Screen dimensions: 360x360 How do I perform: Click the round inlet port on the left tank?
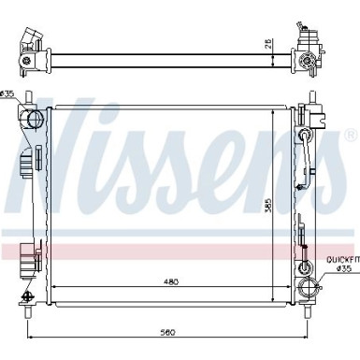[36, 119]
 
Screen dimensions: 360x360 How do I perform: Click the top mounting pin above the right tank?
[308, 97]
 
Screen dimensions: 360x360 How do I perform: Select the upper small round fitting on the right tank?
[304, 137]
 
